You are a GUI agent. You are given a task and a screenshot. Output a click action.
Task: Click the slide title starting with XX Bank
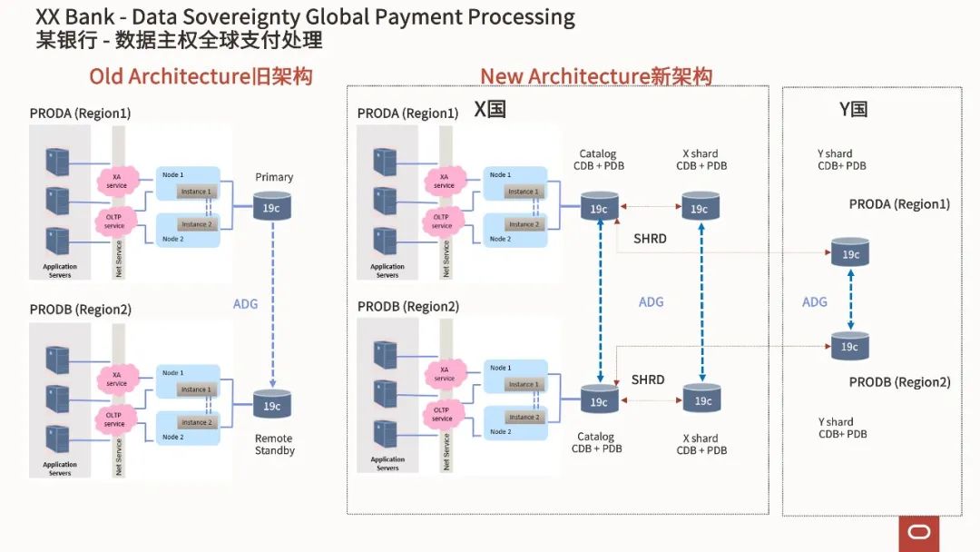(x=305, y=17)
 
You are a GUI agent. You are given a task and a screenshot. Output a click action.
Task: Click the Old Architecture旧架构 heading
(x=201, y=76)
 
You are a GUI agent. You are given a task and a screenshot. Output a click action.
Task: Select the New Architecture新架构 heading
(x=596, y=76)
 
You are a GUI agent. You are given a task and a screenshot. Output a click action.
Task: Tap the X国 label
(x=490, y=110)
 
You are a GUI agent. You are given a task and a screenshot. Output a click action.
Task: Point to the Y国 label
(x=853, y=110)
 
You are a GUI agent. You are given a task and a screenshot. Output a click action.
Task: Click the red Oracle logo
(x=919, y=533)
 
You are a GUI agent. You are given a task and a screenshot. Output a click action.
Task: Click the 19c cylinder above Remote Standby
(x=272, y=405)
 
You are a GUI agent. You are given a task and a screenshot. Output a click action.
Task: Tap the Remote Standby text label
(x=274, y=444)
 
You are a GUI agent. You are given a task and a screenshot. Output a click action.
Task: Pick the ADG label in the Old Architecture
(x=245, y=304)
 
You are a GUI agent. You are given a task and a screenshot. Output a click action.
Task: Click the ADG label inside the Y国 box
(x=815, y=301)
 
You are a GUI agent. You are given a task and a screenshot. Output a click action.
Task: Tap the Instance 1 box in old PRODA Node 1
(x=196, y=192)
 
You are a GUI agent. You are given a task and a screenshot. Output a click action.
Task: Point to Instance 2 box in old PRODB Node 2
(x=196, y=422)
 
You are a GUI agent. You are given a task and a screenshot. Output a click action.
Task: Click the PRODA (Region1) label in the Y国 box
(x=899, y=204)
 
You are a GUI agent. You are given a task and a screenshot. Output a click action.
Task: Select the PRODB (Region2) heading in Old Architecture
(x=80, y=310)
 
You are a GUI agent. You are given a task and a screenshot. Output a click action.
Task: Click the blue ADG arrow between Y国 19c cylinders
(x=850, y=301)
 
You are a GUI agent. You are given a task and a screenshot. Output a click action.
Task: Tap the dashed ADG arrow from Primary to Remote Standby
(x=272, y=304)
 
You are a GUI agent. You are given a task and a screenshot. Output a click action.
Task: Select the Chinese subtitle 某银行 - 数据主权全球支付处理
(x=179, y=41)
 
